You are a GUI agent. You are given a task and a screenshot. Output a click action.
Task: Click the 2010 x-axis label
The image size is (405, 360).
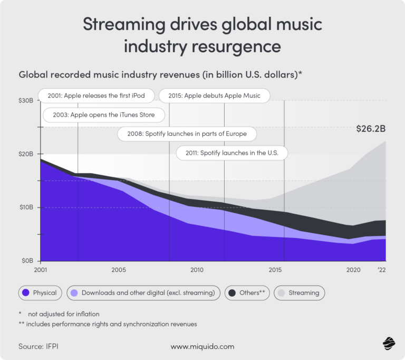tap(197, 270)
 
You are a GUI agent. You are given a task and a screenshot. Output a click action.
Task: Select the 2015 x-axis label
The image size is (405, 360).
tap(275, 270)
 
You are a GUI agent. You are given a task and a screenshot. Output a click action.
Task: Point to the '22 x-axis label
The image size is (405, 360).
tap(381, 270)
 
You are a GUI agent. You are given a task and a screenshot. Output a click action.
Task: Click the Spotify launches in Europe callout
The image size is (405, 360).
tap(186, 134)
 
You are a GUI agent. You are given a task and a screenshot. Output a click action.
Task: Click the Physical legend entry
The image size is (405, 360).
tap(40, 292)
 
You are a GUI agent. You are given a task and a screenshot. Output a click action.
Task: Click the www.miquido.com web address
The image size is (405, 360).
tap(202, 346)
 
